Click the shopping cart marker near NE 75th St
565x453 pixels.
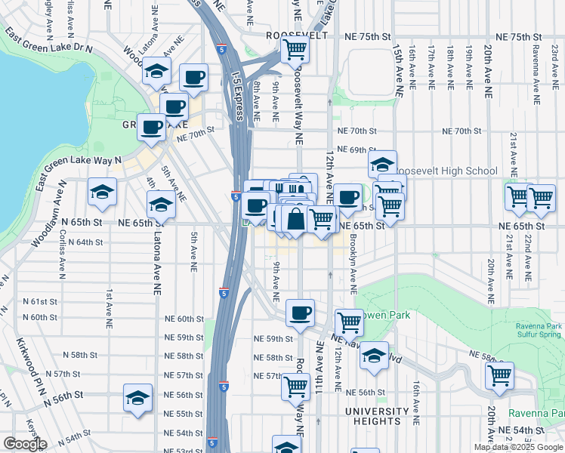point(295,50)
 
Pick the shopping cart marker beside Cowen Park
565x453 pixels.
point(349,322)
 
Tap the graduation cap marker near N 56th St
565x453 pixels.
point(137,397)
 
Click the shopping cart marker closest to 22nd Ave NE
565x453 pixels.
point(541,197)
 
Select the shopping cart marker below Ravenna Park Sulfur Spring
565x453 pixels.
point(499,375)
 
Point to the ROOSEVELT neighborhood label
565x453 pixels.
point(296,35)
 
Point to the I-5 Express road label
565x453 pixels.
point(237,91)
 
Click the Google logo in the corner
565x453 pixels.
point(25,444)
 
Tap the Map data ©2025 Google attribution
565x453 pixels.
point(518,447)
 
